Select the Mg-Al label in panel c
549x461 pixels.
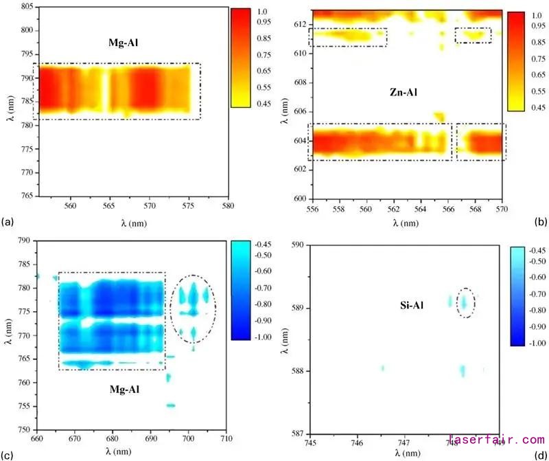tap(125, 390)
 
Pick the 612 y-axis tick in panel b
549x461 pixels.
tap(299, 25)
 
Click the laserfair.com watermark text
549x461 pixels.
tap(496, 440)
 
